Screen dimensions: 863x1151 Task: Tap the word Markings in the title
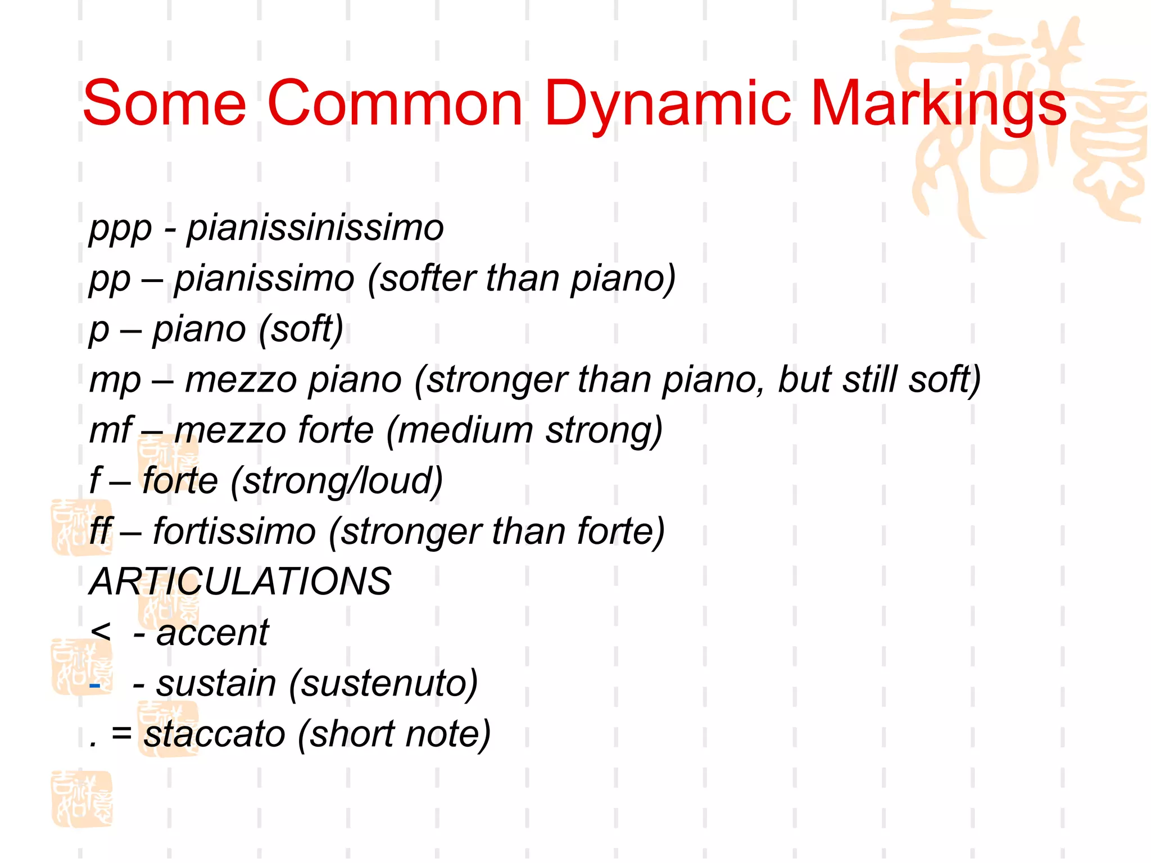click(x=939, y=105)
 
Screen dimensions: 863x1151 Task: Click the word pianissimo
click(x=264, y=279)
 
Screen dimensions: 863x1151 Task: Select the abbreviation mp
click(x=115, y=381)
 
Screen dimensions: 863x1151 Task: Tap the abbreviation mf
click(x=111, y=430)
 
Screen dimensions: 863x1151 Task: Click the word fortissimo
click(x=234, y=532)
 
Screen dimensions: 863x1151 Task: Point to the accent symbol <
click(x=101, y=632)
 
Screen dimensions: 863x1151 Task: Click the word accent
click(x=212, y=633)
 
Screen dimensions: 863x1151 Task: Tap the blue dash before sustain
click(x=95, y=685)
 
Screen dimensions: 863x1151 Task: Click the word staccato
click(x=214, y=734)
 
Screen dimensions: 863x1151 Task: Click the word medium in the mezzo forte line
click(x=465, y=430)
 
